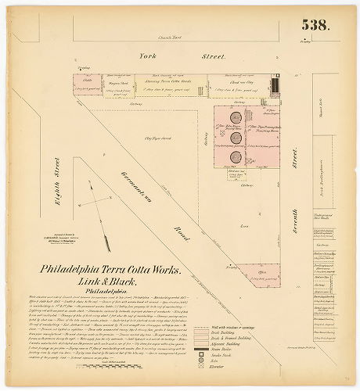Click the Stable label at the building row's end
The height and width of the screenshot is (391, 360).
88,79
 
